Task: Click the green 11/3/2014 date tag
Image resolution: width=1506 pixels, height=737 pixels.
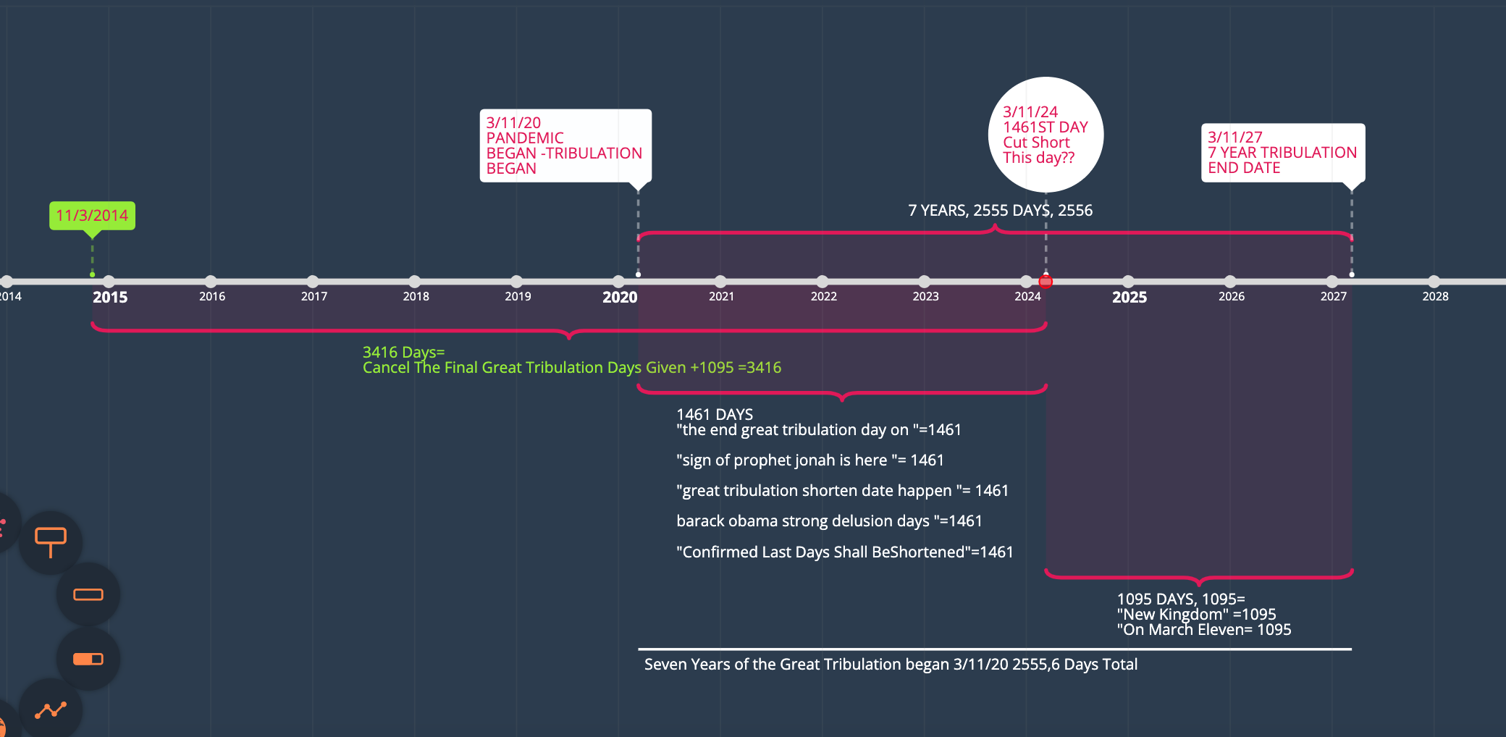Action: click(92, 216)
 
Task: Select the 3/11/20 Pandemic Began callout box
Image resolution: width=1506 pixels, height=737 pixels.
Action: click(565, 146)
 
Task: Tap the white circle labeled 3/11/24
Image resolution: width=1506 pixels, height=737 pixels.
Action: click(1046, 135)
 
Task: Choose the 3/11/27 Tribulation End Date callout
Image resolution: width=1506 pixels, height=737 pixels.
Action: click(1282, 153)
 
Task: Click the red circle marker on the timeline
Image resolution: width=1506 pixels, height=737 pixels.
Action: click(1046, 282)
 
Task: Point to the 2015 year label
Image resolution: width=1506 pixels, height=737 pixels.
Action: click(110, 297)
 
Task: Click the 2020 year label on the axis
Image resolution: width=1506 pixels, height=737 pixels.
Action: click(620, 297)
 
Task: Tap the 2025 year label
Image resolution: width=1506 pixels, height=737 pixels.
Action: click(1129, 297)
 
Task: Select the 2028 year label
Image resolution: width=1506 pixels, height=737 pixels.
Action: click(1435, 296)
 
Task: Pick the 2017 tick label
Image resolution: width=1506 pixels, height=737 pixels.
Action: click(314, 296)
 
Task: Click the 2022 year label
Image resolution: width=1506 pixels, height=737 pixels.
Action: click(824, 296)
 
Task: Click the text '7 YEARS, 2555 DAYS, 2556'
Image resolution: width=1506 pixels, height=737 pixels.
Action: click(1000, 211)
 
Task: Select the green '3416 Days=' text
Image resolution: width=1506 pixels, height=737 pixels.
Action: click(403, 352)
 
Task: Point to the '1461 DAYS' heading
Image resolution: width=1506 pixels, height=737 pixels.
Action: click(715, 414)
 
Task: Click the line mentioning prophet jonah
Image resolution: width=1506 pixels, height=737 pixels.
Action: click(809, 460)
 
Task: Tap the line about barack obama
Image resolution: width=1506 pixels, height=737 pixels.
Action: click(829, 521)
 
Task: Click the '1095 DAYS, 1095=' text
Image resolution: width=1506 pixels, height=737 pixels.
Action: click(1180, 599)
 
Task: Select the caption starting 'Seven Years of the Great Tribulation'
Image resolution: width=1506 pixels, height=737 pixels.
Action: click(891, 665)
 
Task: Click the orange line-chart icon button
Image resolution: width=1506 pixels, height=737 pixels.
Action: click(51, 709)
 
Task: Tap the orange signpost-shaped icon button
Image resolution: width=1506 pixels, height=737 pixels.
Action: click(51, 542)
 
